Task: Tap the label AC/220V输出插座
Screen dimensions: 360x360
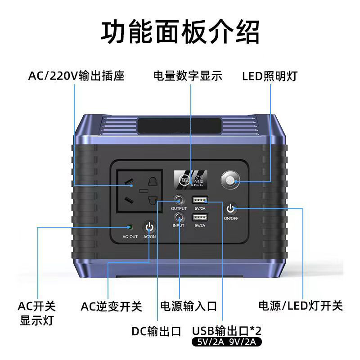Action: [76, 76]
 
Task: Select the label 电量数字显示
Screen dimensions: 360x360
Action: [188, 76]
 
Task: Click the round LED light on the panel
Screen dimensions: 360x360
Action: [230, 181]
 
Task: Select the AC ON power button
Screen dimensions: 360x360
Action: [150, 227]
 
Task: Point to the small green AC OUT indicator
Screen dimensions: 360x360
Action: [130, 227]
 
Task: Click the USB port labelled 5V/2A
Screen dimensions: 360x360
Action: [199, 200]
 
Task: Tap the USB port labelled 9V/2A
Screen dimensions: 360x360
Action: [199, 218]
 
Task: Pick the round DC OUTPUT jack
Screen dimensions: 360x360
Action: [179, 199]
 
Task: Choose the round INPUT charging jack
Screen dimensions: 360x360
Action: [179, 217]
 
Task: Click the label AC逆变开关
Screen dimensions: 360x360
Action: [111, 306]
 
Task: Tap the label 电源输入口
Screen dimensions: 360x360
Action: [189, 306]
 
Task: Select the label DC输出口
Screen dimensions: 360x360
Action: [156, 332]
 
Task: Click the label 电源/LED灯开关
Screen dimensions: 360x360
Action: [301, 306]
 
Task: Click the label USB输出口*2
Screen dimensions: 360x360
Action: [227, 331]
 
